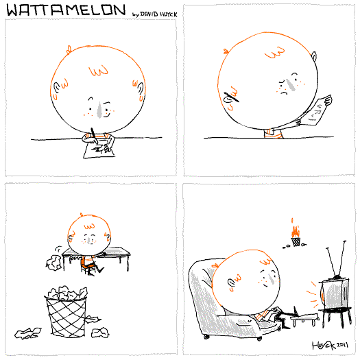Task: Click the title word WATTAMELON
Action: pyautogui.click(x=66, y=10)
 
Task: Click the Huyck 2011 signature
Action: pyautogui.click(x=330, y=345)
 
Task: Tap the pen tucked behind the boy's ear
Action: pyautogui.click(x=232, y=97)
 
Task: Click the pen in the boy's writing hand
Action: pyautogui.click(x=94, y=136)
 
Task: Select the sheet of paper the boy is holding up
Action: pyautogui.click(x=316, y=111)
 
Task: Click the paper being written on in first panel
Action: pyautogui.click(x=99, y=149)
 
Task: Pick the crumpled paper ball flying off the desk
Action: pyautogui.click(x=53, y=262)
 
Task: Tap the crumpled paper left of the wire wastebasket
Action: pyautogui.click(x=28, y=333)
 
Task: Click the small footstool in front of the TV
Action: pyautogui.click(x=305, y=319)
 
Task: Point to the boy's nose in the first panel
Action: pyautogui.click(x=99, y=110)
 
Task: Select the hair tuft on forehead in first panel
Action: pyautogui.click(x=99, y=71)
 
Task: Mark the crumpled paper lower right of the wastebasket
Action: pyautogui.click(x=100, y=333)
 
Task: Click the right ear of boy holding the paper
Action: pyautogui.click(x=314, y=56)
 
